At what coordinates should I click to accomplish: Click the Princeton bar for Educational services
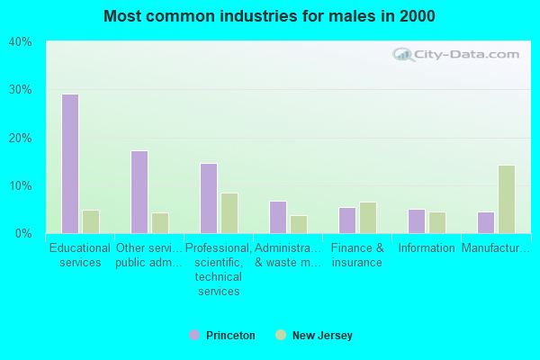pyautogui.click(x=70, y=164)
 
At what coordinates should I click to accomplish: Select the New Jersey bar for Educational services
pyautogui.click(x=91, y=221)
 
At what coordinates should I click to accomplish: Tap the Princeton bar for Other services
pyautogui.click(x=139, y=192)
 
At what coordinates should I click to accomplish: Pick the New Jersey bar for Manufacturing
pyautogui.click(x=507, y=199)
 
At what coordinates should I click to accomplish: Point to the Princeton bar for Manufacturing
pyautogui.click(x=486, y=222)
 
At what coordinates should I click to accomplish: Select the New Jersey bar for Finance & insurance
pyautogui.click(x=368, y=218)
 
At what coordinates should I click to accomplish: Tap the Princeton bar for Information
pyautogui.click(x=417, y=221)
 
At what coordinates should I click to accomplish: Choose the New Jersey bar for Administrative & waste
pyautogui.click(x=299, y=224)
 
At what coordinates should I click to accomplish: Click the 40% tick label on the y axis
pyautogui.click(x=21, y=42)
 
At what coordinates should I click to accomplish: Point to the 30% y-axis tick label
pyautogui.click(x=21, y=90)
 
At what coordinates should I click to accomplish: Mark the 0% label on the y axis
pyautogui.click(x=23, y=234)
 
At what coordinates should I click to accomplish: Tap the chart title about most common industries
pyautogui.click(x=269, y=16)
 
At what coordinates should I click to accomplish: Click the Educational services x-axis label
pyautogui.click(x=80, y=256)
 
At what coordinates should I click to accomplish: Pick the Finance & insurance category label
pyautogui.click(x=357, y=256)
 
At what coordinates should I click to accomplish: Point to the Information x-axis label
pyautogui.click(x=427, y=248)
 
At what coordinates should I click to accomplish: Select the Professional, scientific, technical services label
pyautogui.click(x=218, y=270)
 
